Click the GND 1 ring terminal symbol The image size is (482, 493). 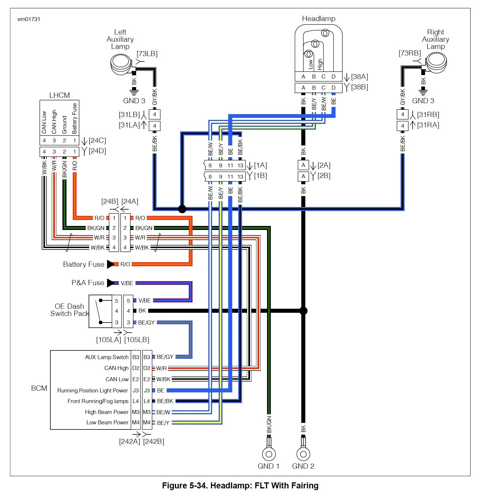click(x=269, y=454)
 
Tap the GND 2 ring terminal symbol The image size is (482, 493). click(x=303, y=454)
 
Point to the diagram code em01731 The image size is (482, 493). click(x=29, y=19)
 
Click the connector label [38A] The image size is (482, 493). click(x=359, y=77)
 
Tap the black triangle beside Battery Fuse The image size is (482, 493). click(x=111, y=264)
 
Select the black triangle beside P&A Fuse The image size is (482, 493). click(x=111, y=283)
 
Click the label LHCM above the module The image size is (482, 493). click(x=59, y=95)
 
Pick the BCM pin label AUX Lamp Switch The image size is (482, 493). click(x=107, y=357)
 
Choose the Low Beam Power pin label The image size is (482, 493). click(x=107, y=422)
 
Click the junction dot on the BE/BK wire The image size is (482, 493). click(x=182, y=209)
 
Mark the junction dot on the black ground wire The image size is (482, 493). click(x=303, y=311)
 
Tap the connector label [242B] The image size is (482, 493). click(x=154, y=441)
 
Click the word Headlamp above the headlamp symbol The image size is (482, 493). click(x=319, y=19)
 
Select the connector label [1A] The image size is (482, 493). click(x=260, y=165)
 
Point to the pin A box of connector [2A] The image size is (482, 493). click(x=303, y=165)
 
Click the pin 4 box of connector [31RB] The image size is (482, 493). click(x=403, y=114)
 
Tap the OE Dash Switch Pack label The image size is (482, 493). click(x=70, y=310)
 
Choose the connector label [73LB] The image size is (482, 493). click(x=147, y=54)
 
